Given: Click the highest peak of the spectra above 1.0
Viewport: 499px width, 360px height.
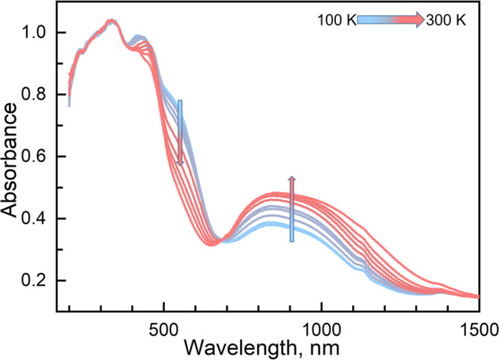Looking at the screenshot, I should click(x=110, y=21).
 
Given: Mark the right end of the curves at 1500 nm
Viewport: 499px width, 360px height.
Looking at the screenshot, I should click(x=477, y=297).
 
